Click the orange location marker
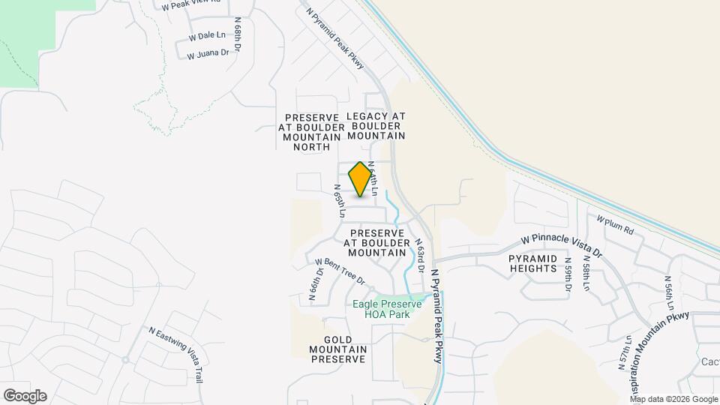coord(361,179)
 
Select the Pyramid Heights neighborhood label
coord(533,262)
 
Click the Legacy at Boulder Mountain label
coord(376,126)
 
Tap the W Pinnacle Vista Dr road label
coord(562,247)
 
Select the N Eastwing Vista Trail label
coord(176,353)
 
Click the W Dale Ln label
coord(207,35)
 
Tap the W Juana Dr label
coord(208,54)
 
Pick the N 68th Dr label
coord(237,34)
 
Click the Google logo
coord(25,396)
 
